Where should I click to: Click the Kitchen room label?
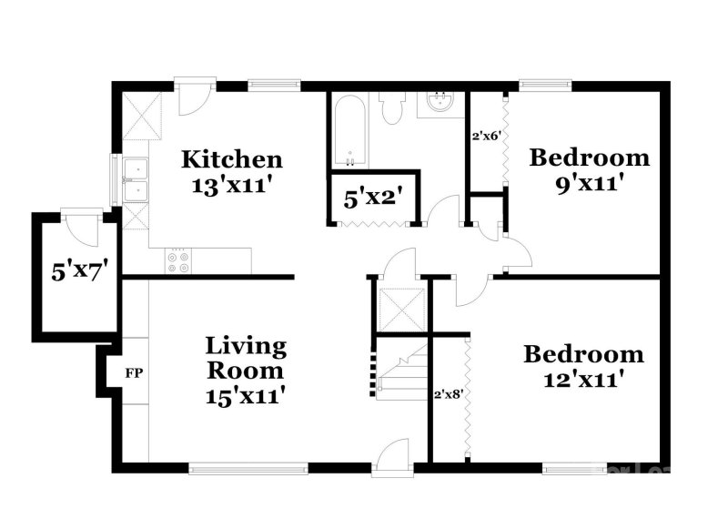coord(231,160)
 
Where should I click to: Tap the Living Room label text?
coord(245,359)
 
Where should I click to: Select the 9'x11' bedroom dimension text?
coord(589,182)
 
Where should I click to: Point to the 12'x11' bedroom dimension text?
coord(583,379)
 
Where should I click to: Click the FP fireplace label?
coord(134,373)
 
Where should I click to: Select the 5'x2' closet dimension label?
coord(373,196)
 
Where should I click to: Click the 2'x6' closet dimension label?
coord(487,137)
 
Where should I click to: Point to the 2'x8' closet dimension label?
coord(449,394)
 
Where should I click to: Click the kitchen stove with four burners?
coord(177,261)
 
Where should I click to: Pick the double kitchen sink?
coord(137,179)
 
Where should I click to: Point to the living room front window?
coord(248,469)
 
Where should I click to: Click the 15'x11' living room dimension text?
coord(245,396)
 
